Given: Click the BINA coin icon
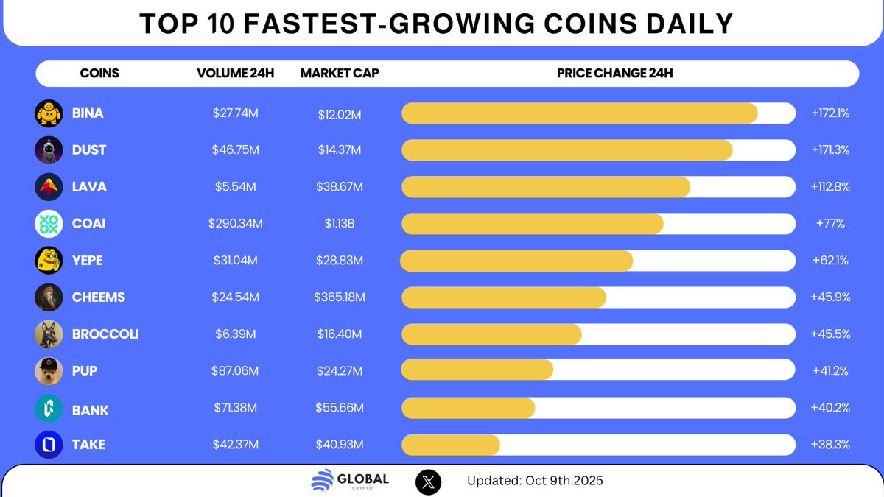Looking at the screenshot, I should (49, 113).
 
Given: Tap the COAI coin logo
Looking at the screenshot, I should (49, 224).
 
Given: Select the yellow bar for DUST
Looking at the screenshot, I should (566, 149).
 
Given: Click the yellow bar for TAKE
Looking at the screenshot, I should (451, 445).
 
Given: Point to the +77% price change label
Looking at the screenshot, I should (830, 224).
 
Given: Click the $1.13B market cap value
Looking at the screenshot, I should (340, 224).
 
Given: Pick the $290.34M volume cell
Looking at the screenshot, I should (236, 224).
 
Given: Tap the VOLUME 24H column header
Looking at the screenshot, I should (235, 74).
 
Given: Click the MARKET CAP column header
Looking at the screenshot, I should (340, 74).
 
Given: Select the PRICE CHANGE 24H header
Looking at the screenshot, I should (614, 74).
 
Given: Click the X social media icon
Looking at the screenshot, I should (429, 482).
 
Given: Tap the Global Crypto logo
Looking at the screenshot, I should (350, 482).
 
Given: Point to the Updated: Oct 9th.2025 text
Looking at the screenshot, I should (535, 482).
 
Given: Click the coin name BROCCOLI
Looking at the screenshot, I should (105, 334).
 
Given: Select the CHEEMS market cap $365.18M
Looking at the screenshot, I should (340, 297).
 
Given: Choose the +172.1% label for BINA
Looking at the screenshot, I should (830, 113).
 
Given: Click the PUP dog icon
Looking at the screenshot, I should (49, 371).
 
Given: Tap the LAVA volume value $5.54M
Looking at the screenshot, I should (236, 187).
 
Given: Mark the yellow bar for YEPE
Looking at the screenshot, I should (516, 261).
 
